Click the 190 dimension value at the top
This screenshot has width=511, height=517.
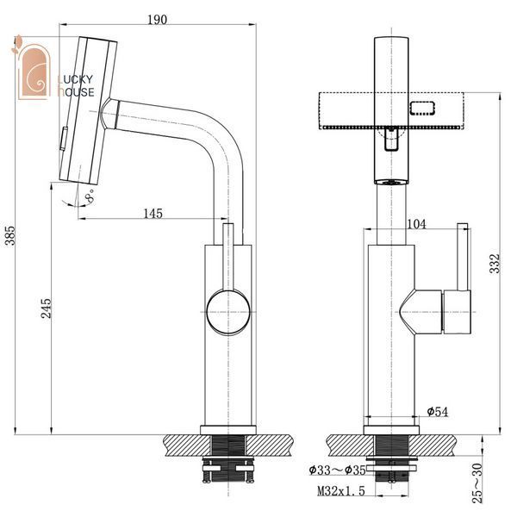[157, 20]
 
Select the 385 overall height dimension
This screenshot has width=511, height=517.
[11, 235]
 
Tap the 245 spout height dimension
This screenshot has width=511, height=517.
[47, 308]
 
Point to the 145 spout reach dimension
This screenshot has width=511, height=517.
[153, 214]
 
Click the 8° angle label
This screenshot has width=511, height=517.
[90, 196]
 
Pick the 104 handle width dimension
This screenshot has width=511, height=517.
[416, 224]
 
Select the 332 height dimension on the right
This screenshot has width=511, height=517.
[494, 264]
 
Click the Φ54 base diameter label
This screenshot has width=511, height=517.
[438, 412]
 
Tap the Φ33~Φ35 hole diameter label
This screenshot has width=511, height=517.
[337, 470]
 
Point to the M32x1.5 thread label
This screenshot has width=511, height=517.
[341, 491]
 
